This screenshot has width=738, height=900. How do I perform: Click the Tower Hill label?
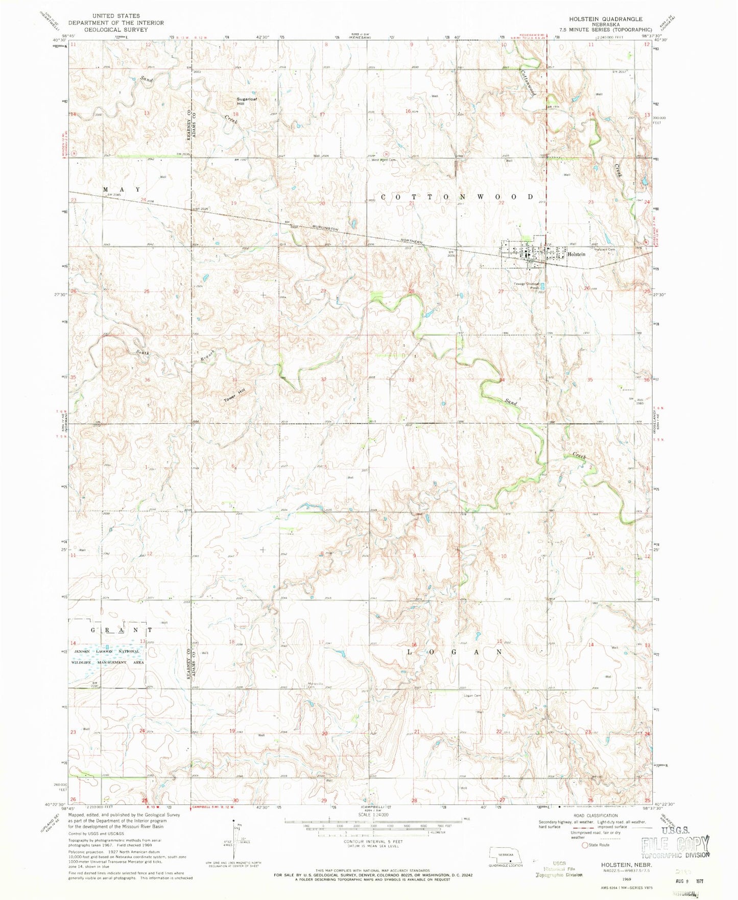234,394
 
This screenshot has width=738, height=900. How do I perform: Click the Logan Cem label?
472,695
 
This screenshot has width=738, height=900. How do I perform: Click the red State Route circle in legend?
585,859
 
